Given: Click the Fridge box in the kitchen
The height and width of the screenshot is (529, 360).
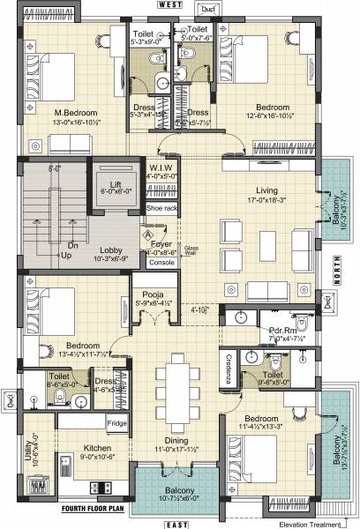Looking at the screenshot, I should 117,424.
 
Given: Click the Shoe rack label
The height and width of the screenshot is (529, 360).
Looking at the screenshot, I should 161,208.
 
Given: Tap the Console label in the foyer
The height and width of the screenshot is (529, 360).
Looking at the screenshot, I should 161,263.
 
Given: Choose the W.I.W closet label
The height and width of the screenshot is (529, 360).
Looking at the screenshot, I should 161,168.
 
